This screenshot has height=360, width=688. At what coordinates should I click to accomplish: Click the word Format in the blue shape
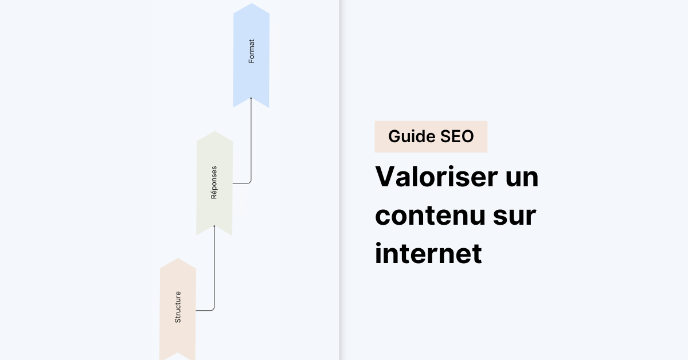251,51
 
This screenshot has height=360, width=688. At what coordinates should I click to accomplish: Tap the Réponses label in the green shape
214,182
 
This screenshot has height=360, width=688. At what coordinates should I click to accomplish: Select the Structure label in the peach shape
178,307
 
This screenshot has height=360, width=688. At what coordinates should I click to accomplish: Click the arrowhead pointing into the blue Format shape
251,98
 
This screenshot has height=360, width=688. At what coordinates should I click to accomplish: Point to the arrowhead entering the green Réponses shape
214,226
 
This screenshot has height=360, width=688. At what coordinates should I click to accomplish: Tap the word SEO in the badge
457,136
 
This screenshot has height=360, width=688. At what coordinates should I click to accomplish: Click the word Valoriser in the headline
436,177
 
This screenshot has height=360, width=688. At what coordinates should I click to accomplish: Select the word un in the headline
522,179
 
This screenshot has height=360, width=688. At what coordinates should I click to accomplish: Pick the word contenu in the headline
429,216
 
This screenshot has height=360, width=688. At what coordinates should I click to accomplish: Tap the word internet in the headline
428,253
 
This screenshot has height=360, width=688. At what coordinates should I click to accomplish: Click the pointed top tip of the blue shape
252,3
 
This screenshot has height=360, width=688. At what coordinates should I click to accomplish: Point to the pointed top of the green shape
215,132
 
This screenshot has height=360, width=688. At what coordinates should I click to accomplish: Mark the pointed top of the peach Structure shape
178,259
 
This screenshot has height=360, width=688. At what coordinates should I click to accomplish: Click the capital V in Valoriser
385,177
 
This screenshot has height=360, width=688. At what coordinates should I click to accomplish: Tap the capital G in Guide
395,136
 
